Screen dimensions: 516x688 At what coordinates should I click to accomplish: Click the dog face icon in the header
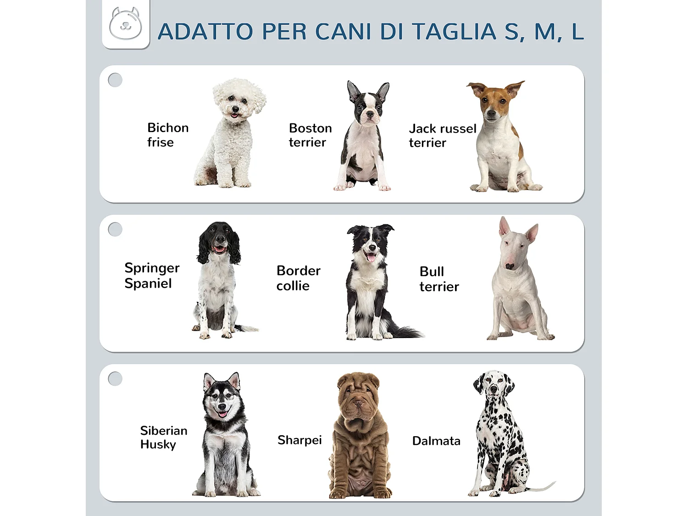(126, 24)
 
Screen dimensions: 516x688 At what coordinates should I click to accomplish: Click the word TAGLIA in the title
(454, 32)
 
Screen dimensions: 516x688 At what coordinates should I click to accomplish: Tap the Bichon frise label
(167, 135)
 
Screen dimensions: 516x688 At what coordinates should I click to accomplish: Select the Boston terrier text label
(310, 135)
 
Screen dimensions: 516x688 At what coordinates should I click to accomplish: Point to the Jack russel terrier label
(442, 136)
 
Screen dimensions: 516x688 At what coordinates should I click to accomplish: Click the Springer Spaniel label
(151, 276)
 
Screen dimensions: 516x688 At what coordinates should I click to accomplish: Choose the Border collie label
(298, 278)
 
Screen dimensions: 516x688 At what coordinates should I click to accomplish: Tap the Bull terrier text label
(439, 279)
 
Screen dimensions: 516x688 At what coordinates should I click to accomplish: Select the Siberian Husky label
(163, 438)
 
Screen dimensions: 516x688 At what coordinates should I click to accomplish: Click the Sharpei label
(300, 440)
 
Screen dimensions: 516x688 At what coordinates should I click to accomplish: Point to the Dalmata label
(436, 441)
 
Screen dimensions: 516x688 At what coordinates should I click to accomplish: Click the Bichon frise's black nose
(235, 109)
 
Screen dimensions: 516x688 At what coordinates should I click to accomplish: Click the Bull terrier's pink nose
(510, 266)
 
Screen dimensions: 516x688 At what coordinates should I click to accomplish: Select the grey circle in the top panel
(115, 80)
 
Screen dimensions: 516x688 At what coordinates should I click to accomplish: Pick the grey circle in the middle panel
(115, 229)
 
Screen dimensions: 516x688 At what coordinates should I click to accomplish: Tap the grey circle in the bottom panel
(115, 379)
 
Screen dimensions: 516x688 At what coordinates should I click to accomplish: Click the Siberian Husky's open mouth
(222, 413)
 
